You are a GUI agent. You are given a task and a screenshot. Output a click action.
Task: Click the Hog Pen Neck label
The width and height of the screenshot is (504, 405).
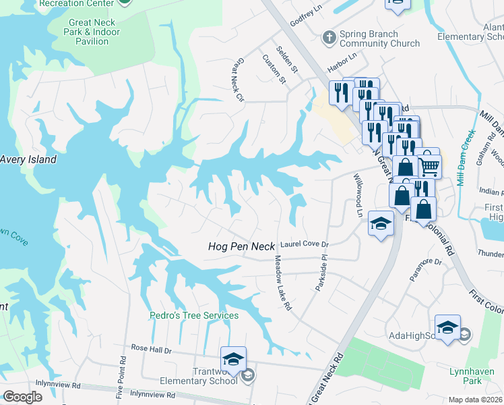coord(241,247)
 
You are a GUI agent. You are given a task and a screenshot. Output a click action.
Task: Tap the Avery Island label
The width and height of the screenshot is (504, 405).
coord(28,160)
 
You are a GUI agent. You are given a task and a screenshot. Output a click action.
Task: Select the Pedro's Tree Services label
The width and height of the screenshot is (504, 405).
coord(194,315)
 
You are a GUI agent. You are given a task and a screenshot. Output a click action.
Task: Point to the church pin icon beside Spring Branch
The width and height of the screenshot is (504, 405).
coord(329,36)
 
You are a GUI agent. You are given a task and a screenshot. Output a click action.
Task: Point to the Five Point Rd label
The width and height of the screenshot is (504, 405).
coord(121,376)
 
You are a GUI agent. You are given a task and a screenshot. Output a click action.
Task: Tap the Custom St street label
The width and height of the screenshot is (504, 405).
coord(274,70)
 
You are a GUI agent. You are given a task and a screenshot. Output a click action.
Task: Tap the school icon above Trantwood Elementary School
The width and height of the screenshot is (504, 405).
coord(233,358)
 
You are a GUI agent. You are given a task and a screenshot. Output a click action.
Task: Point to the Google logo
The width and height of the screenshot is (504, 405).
coord(22,397)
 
